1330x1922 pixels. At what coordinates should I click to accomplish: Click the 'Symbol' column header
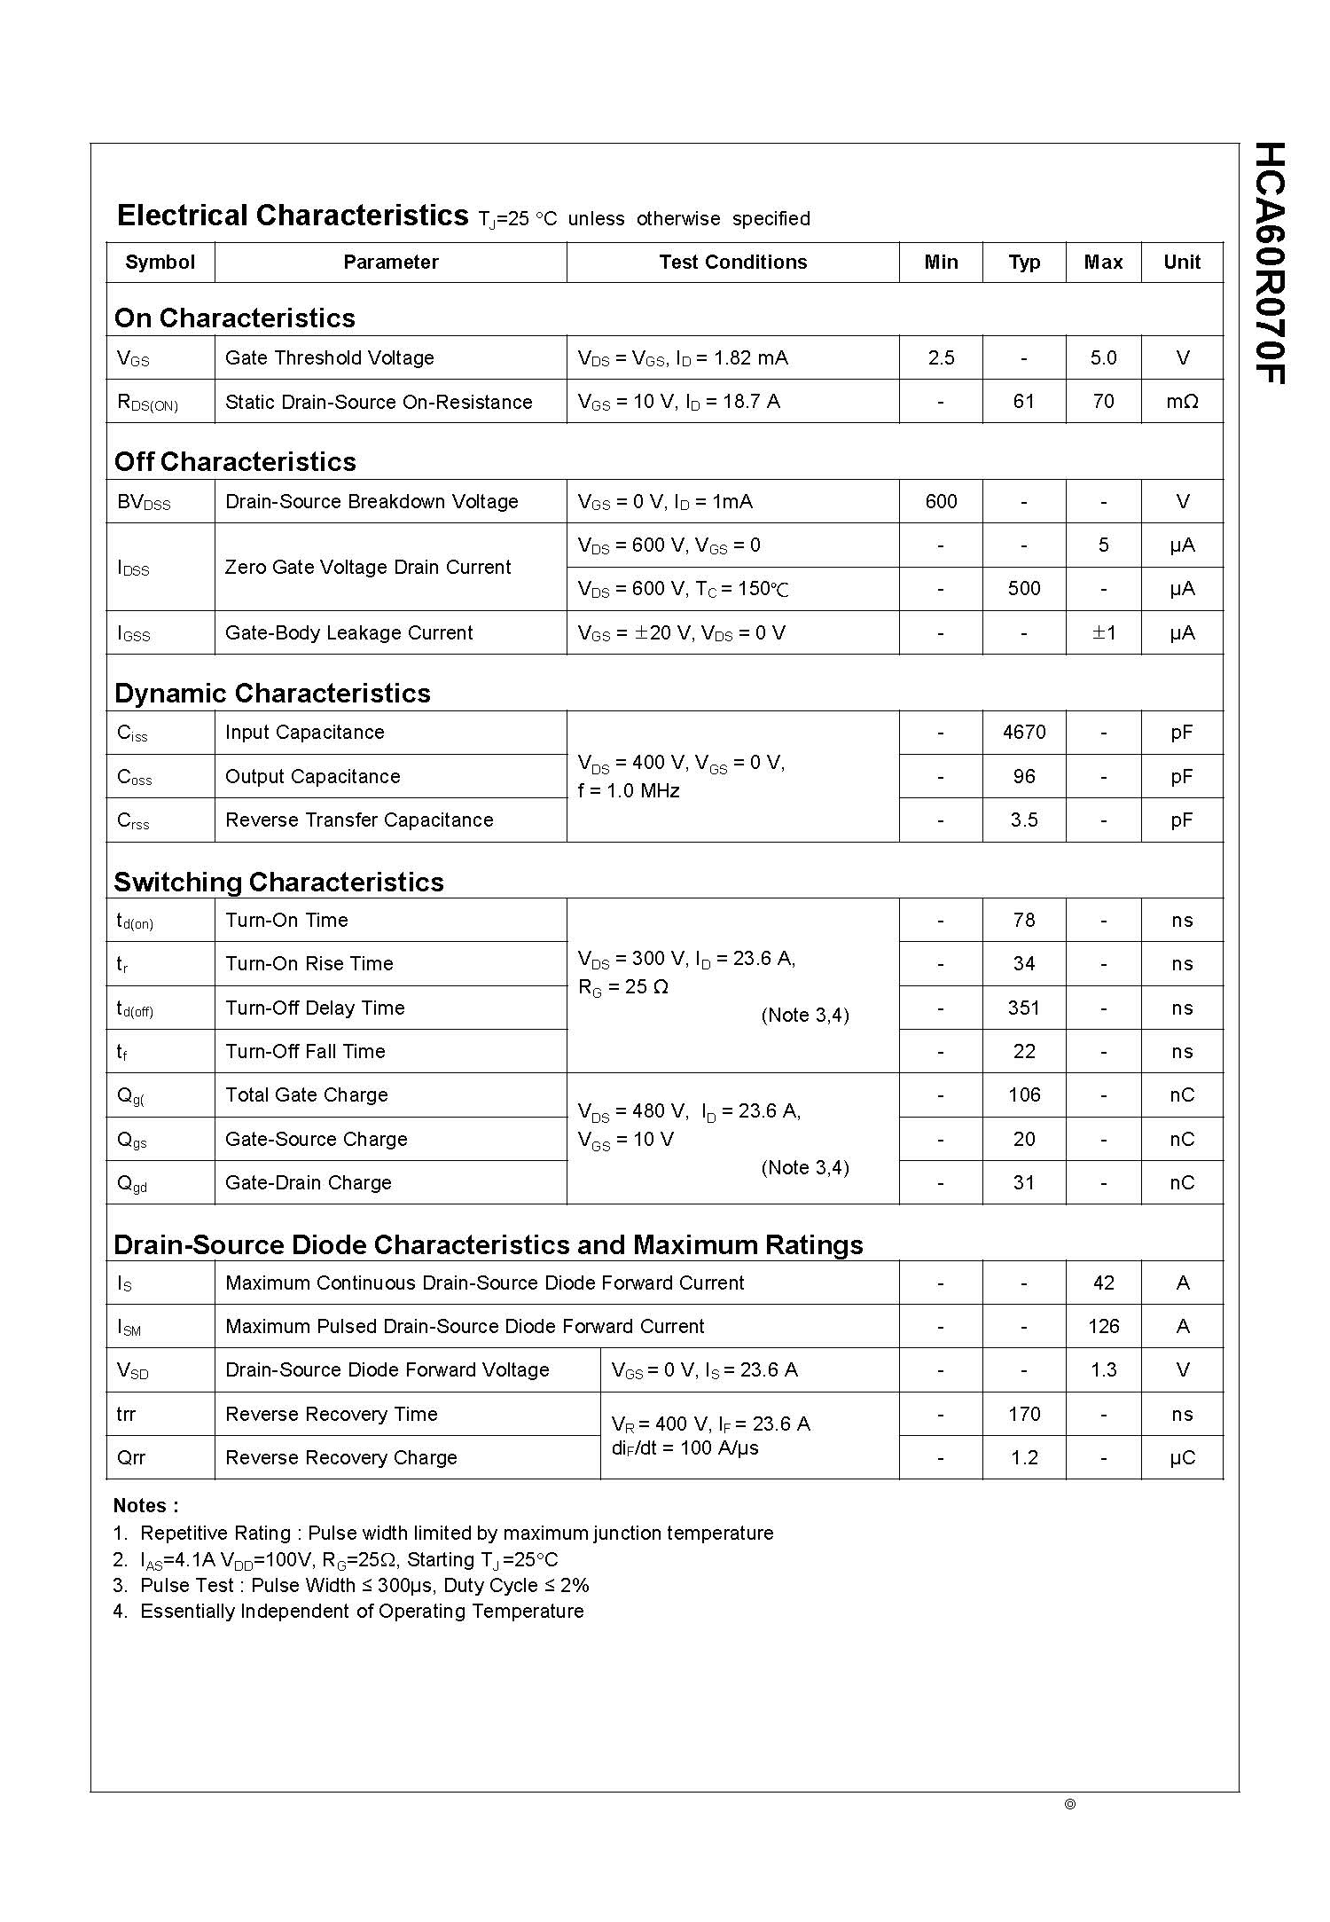160,263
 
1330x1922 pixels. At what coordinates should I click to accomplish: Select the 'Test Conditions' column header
732,263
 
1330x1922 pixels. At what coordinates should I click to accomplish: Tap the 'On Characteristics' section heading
235,318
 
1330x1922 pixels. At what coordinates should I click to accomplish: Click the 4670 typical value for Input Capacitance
1024,733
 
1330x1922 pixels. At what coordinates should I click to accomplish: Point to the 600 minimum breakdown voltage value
941,502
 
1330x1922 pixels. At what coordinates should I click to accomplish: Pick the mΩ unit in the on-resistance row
1182,402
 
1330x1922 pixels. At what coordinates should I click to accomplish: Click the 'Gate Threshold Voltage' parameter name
330,358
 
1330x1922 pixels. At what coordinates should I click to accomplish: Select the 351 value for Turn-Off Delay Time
1024,1008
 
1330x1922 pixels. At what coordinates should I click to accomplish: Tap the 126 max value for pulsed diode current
1103,1327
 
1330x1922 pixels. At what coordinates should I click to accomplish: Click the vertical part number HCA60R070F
1270,263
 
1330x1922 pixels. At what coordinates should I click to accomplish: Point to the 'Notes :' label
146,1506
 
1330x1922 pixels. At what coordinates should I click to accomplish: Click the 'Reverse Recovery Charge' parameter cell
341,1458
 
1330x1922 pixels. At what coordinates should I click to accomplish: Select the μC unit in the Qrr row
1182,1458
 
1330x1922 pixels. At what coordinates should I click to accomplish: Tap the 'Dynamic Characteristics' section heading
272,694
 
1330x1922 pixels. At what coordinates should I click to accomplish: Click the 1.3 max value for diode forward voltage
1103,1370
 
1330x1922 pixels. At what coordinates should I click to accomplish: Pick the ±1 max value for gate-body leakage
1103,633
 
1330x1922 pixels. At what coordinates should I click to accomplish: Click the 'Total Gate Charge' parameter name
307,1095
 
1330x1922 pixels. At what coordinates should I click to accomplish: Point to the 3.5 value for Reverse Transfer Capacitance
1024,820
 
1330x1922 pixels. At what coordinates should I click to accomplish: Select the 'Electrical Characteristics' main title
293,216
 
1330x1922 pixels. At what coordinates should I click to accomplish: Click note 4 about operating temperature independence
348,1612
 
